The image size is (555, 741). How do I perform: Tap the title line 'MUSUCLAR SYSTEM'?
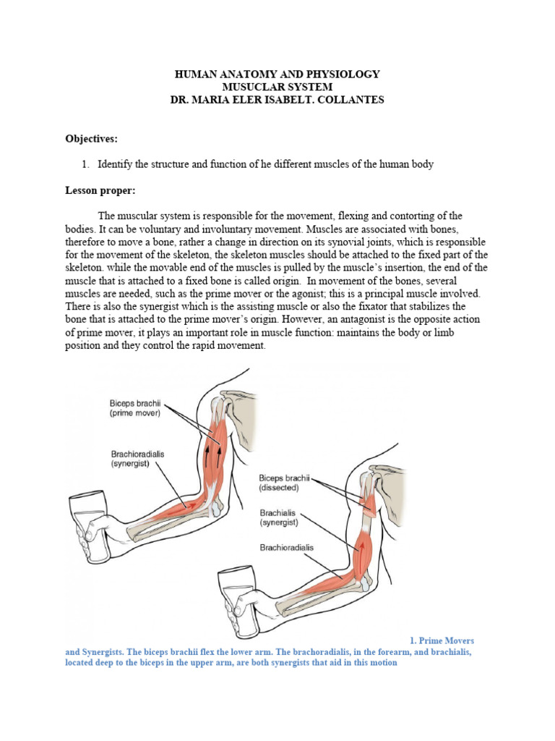(277, 87)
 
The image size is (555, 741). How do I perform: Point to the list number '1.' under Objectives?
(85, 164)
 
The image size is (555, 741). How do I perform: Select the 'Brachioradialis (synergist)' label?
(137, 458)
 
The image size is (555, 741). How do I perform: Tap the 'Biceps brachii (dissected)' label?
(284, 483)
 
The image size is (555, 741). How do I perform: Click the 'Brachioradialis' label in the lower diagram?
(286, 548)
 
